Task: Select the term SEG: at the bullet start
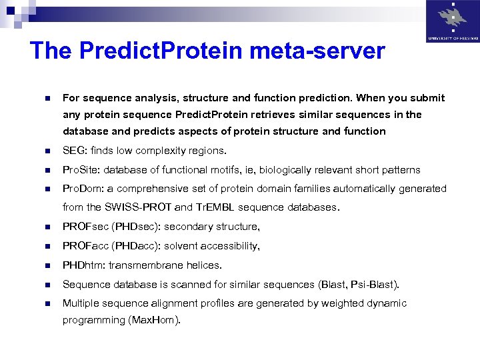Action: pyautogui.click(x=75, y=150)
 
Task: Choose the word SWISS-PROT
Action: pyautogui.click(x=134, y=207)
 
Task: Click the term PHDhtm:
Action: pyautogui.click(x=84, y=265)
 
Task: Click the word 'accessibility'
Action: pyautogui.click(x=229, y=246)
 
